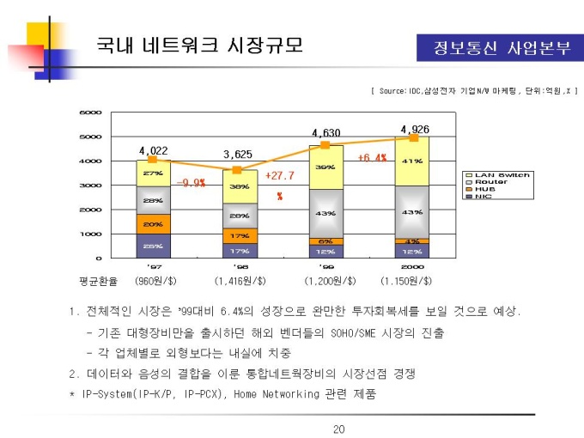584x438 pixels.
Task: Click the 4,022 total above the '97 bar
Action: (x=153, y=150)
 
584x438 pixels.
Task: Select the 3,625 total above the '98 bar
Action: (x=238, y=154)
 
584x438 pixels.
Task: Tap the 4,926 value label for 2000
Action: (x=415, y=129)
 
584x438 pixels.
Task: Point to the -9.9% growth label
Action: (x=191, y=183)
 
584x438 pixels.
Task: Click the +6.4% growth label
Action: (x=372, y=158)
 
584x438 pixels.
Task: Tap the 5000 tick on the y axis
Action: (x=90, y=137)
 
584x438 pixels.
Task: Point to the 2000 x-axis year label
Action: (x=413, y=267)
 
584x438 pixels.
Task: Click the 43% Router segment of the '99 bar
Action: (x=325, y=213)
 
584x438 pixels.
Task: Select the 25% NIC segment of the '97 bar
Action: (x=153, y=246)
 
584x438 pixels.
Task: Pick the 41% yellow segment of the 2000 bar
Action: (x=412, y=161)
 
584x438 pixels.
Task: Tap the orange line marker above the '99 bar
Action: (x=325, y=145)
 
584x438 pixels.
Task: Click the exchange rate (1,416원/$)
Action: (x=240, y=281)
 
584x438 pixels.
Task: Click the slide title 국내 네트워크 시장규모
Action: (x=198, y=45)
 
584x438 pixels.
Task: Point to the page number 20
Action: (x=338, y=429)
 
